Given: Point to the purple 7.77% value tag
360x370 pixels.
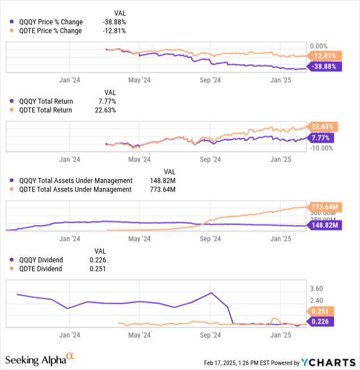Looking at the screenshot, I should point(320,138).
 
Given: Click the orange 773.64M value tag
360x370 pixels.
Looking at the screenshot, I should point(322,206).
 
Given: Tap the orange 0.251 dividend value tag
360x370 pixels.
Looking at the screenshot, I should point(320,311).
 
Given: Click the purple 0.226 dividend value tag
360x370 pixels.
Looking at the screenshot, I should point(320,322).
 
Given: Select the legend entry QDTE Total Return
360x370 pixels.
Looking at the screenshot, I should point(43,110).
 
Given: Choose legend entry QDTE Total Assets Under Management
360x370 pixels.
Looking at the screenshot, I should point(71,189).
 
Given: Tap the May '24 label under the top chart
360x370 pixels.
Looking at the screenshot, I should point(139,80).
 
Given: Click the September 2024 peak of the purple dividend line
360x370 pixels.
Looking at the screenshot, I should point(211,293).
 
